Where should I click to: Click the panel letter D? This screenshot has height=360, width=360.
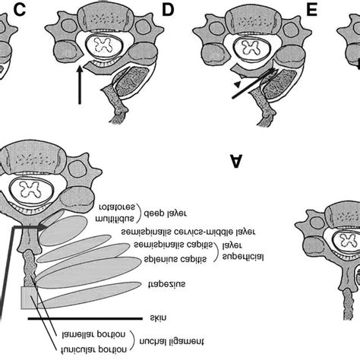169,10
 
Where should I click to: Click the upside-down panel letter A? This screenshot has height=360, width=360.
237,160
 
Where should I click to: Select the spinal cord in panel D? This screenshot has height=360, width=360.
100,47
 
